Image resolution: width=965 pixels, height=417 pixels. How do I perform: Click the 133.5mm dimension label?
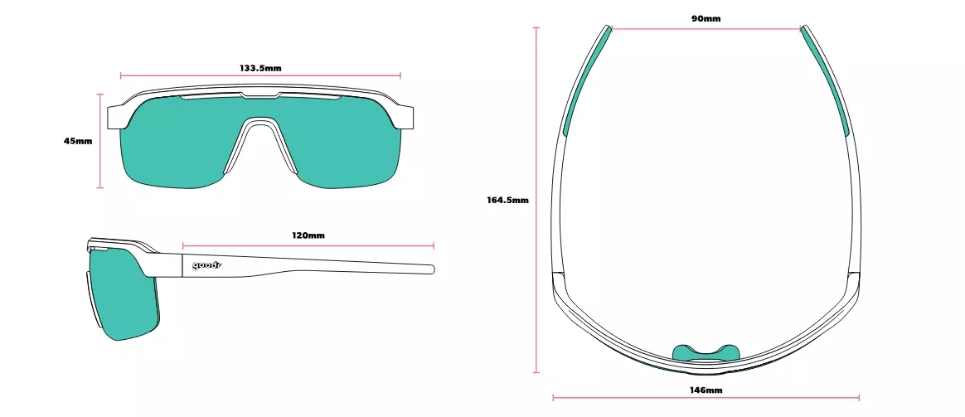[260, 68]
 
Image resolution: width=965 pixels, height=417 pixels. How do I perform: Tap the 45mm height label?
[78, 141]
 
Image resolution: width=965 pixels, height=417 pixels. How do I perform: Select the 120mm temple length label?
[308, 235]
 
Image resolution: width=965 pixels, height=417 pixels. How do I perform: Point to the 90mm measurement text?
[706, 18]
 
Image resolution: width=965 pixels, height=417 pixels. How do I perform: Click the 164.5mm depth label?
[507, 200]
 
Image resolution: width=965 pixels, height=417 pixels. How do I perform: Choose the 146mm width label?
[706, 390]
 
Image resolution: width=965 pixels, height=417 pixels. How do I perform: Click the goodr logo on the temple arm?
[206, 265]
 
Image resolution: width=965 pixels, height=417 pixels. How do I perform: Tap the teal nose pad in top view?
[706, 352]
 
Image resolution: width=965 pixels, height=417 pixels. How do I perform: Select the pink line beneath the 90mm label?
[706, 29]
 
